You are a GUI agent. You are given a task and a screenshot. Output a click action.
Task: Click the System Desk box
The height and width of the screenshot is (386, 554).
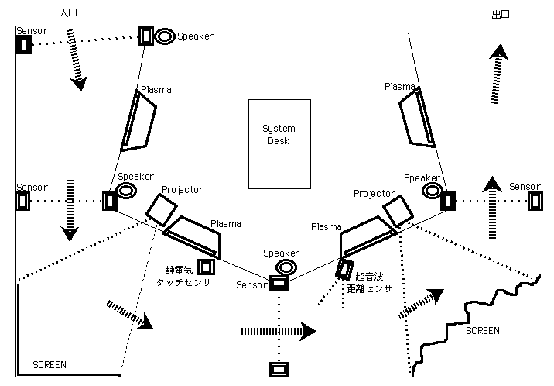[279, 143]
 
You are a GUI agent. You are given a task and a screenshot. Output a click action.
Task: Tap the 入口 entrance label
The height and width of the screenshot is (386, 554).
[68, 14]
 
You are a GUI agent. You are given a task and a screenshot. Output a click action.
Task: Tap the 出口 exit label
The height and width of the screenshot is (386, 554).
[499, 15]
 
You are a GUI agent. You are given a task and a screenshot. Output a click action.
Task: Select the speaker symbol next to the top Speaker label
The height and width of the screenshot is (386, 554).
[165, 36]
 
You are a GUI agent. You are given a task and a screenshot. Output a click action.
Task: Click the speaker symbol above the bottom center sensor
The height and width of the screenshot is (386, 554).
[286, 267]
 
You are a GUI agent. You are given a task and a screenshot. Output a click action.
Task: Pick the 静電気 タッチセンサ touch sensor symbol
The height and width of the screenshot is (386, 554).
[206, 267]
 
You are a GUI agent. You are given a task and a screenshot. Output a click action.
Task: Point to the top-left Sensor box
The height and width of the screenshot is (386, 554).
[24, 44]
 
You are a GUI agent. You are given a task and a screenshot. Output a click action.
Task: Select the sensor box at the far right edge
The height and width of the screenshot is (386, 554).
[535, 201]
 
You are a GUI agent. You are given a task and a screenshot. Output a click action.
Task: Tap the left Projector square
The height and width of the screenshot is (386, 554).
[162, 209]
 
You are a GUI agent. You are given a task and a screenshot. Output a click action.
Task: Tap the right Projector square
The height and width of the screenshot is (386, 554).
[396, 210]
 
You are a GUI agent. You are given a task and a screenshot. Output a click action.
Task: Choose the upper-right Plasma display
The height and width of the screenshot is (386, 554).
[417, 117]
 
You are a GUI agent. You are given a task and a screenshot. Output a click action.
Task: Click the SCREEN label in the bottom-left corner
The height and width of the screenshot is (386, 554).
[50, 364]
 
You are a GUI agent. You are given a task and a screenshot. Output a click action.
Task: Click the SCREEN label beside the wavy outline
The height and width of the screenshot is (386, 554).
[483, 330]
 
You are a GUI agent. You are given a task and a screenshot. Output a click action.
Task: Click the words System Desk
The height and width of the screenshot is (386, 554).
[279, 134]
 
